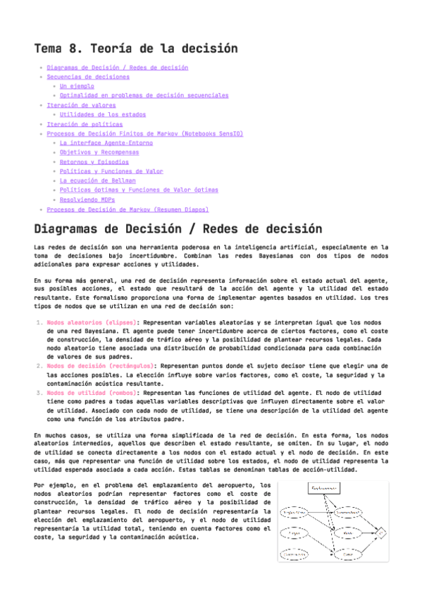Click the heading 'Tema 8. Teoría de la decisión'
click(x=135, y=49)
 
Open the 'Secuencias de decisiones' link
click(x=87, y=77)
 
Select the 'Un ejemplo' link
click(x=77, y=86)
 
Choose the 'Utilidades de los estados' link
click(x=102, y=114)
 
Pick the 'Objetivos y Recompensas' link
click(x=99, y=152)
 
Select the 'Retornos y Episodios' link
click(x=94, y=161)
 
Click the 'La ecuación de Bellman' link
click(x=97, y=181)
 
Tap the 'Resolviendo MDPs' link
click(x=88, y=200)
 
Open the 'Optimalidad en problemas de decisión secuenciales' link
click(x=144, y=95)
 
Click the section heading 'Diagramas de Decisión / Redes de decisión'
click(x=168, y=230)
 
